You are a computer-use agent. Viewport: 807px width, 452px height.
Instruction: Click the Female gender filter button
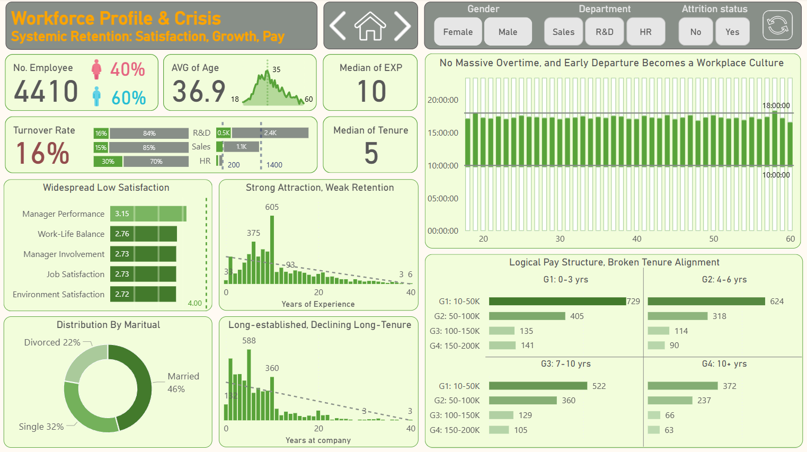coord(458,32)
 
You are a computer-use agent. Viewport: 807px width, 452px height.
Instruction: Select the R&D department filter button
coord(604,32)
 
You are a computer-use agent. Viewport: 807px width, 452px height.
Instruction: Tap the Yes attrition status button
coord(732,32)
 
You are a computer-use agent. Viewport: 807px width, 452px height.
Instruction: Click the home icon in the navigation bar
coord(370,26)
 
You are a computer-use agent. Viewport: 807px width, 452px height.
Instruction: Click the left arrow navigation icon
coord(338,26)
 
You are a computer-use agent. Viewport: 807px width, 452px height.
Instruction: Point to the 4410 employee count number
coord(46,91)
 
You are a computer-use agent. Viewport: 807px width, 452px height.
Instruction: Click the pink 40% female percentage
coord(128,69)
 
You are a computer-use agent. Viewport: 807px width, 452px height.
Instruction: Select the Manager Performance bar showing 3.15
coord(148,214)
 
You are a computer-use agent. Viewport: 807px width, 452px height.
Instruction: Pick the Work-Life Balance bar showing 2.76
coord(144,234)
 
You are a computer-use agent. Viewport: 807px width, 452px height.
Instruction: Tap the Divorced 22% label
coord(52,342)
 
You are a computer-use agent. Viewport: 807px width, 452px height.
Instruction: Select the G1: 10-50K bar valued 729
coord(557,302)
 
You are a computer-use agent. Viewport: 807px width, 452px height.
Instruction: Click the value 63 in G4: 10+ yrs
coord(669,430)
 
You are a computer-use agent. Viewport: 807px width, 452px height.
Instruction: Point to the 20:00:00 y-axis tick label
coord(443,100)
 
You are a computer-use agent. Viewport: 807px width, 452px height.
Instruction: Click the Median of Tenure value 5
coord(371,153)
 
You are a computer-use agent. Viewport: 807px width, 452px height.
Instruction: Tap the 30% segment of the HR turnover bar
coord(108,162)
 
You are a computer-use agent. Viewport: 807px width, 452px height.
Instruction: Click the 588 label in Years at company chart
coord(249,341)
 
